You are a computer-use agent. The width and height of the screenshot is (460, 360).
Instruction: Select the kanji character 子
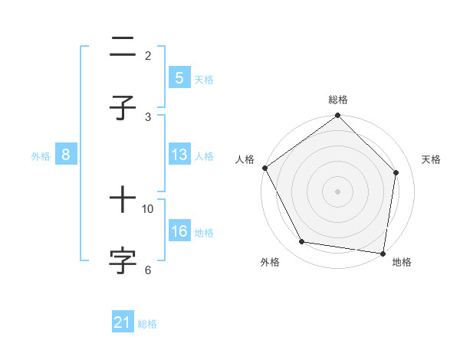point(123,108)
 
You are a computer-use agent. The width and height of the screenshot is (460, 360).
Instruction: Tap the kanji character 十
point(123,200)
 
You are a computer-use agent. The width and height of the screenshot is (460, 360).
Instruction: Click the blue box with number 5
point(179,78)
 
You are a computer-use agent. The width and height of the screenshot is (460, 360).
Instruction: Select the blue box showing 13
point(179,155)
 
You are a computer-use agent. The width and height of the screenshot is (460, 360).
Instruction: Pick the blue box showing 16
point(179,231)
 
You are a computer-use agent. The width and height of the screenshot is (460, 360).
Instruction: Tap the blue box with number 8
point(66,155)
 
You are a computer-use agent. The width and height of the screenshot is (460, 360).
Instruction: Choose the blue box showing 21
point(123,323)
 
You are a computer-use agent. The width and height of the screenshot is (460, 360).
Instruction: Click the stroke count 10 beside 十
point(148,208)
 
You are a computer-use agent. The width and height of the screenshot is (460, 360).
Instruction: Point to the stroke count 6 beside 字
point(148,270)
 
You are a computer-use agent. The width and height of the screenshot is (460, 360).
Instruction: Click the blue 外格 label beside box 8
point(41,155)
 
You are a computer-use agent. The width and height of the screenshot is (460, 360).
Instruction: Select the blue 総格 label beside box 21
point(147,324)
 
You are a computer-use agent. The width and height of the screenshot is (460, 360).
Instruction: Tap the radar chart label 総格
point(337,100)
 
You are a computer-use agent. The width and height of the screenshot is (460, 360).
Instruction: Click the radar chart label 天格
point(432,159)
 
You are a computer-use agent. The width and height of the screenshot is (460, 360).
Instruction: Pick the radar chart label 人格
point(245,159)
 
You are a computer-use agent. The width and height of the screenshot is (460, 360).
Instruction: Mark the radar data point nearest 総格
point(337,116)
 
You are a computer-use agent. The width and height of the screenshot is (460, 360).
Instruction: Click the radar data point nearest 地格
point(383,253)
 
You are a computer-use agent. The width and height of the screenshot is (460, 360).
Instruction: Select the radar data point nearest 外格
point(302,242)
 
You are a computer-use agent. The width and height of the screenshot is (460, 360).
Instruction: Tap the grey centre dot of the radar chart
point(337,191)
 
